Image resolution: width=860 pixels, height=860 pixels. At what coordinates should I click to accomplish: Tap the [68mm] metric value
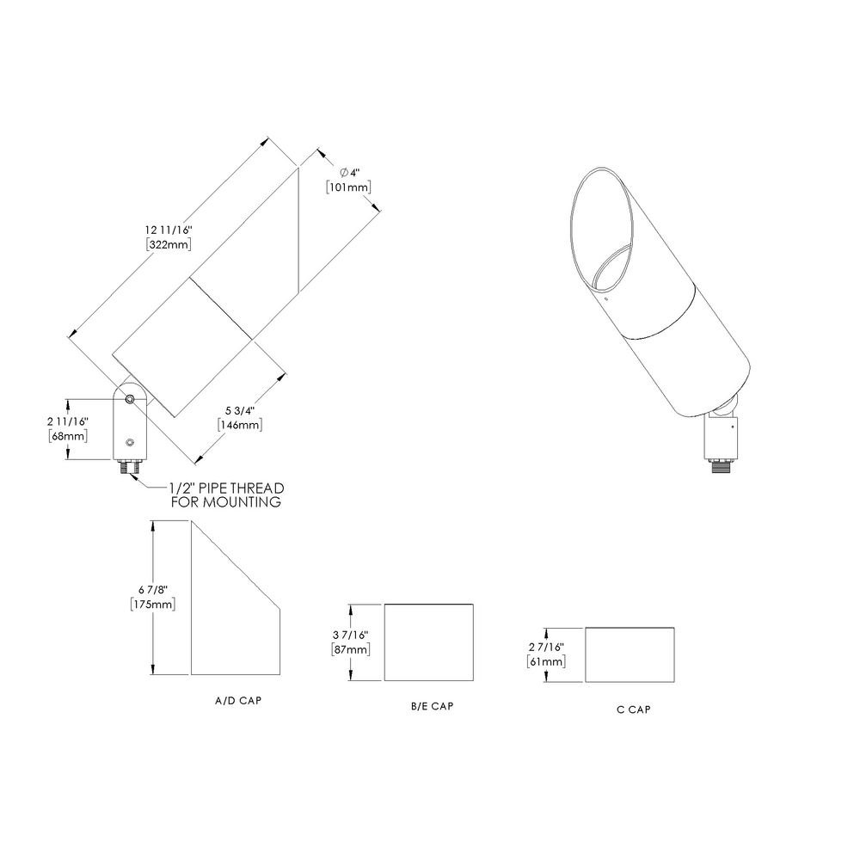(x=69, y=437)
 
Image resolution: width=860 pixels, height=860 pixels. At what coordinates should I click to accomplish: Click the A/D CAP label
(x=238, y=701)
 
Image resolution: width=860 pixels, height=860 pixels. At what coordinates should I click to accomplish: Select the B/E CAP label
(x=432, y=706)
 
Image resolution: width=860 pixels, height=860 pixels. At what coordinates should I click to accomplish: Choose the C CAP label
(x=633, y=709)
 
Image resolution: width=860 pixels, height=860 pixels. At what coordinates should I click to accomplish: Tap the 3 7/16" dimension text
(x=351, y=635)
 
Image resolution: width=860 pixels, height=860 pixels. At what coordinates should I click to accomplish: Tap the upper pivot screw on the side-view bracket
(x=129, y=399)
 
